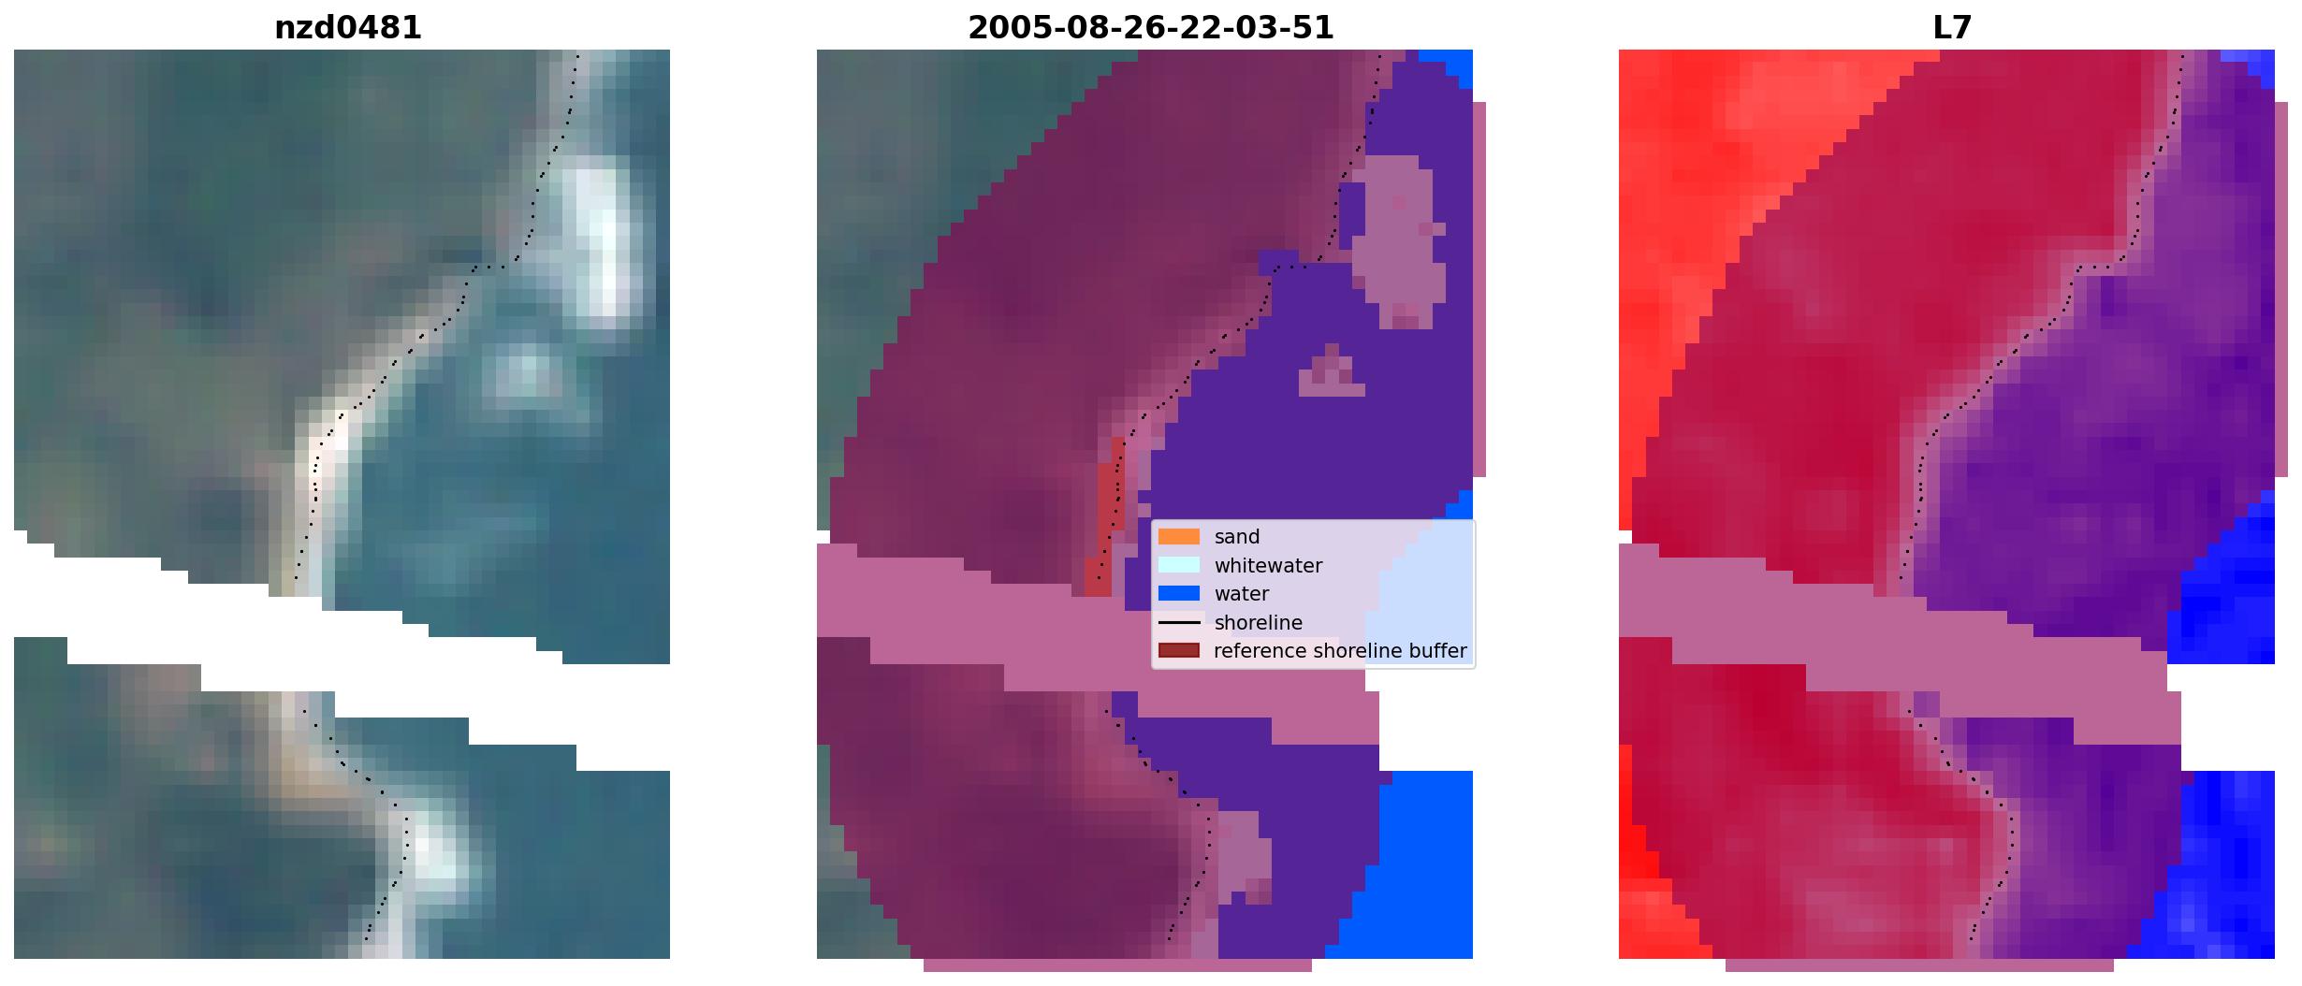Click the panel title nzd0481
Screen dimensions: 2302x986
pos(348,28)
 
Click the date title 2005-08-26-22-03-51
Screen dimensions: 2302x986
pos(1151,28)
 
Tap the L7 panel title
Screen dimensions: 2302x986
pos(1953,28)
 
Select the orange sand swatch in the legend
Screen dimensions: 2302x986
pos(1179,537)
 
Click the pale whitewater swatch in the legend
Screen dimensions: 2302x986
pos(1179,565)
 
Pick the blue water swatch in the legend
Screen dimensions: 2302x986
pos(1179,593)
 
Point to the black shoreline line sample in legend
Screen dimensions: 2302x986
pos(1179,622)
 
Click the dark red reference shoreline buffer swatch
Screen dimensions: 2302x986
pos(1179,650)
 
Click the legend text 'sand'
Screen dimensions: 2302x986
pos(1237,537)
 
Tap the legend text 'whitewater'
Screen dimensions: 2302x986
pos(1268,566)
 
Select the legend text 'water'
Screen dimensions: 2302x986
pos(1242,594)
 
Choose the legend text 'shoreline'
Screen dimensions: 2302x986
pos(1259,623)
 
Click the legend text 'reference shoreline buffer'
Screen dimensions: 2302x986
pos(1340,651)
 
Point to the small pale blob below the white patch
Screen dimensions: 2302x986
pos(524,374)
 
